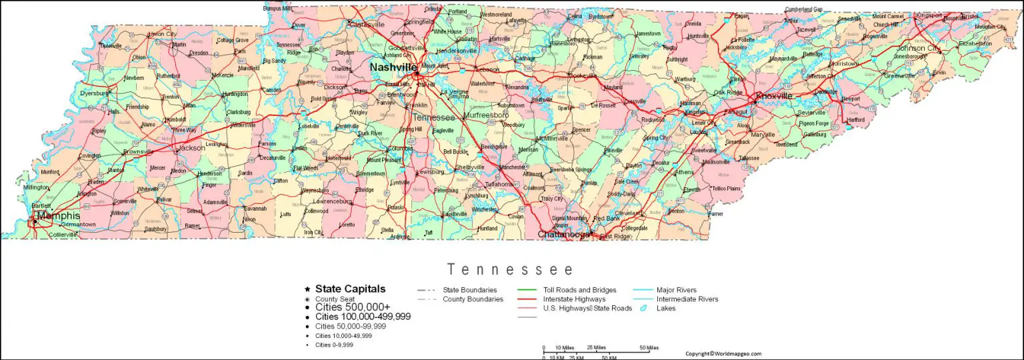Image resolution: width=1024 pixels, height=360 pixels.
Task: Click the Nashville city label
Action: click(393, 67)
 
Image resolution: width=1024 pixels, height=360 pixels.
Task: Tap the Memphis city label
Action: click(59, 216)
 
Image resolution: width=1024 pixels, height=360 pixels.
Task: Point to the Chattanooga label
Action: click(563, 235)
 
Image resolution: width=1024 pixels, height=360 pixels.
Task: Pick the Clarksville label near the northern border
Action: click(367, 25)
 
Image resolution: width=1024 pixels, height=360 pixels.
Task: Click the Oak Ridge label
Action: click(728, 93)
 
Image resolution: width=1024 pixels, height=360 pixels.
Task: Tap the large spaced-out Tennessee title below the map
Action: click(511, 270)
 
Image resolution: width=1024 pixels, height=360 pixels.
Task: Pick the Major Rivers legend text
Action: click(676, 290)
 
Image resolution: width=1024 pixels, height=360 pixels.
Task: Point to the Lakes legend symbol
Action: click(644, 309)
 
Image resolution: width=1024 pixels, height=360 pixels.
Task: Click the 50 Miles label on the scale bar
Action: click(649, 347)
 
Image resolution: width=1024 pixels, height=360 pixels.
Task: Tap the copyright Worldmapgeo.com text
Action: click(723, 354)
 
